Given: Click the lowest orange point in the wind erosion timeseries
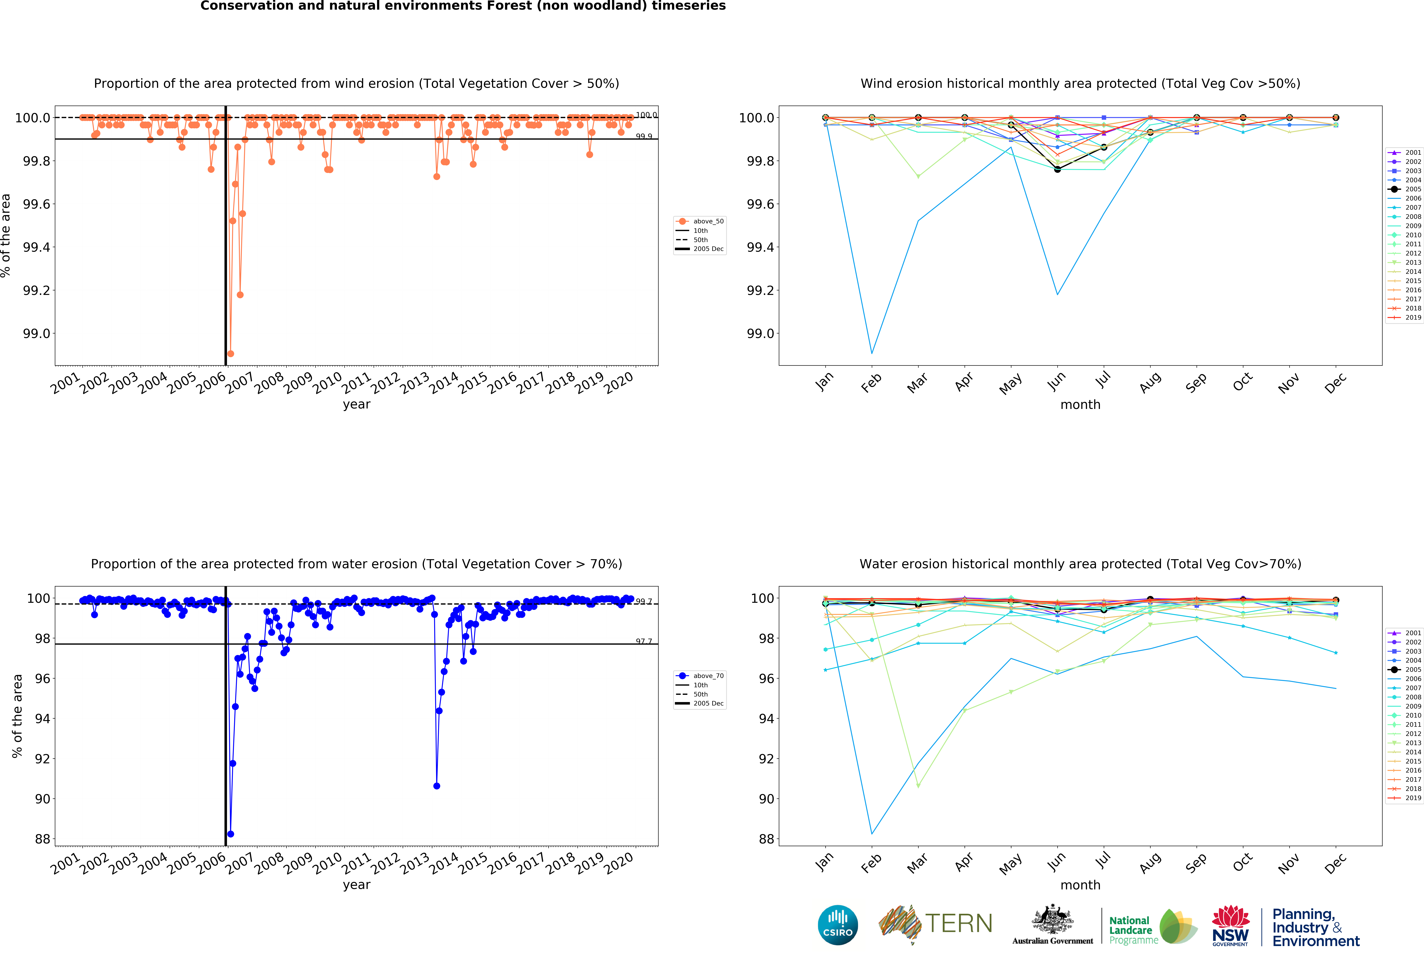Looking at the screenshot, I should [230, 354].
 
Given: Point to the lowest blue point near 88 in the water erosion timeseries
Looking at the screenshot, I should [230, 834].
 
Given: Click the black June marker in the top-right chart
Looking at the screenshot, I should [1058, 169].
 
